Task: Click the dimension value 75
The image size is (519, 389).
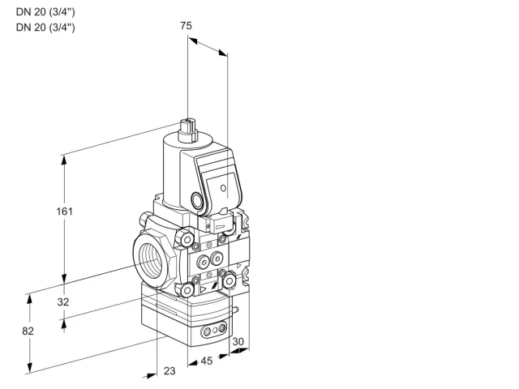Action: [x=186, y=25]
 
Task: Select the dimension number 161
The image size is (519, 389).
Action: [x=64, y=211]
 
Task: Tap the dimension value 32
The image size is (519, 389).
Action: [x=63, y=301]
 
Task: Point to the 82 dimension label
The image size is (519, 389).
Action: [x=28, y=331]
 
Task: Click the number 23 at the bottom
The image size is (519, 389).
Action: [x=169, y=371]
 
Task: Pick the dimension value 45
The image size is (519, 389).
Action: [x=207, y=361]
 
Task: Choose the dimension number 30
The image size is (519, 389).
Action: [x=238, y=341]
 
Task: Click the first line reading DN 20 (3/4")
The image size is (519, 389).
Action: [x=45, y=12]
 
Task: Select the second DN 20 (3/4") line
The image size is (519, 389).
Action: [x=45, y=27]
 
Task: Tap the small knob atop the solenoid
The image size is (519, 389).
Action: [x=187, y=130]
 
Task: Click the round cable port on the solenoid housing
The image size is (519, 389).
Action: [x=197, y=200]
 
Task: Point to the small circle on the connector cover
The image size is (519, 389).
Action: [x=224, y=188]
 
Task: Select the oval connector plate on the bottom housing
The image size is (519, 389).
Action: [x=214, y=329]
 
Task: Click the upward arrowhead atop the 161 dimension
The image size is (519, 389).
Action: [x=64, y=161]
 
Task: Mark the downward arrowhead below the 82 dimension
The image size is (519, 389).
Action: [x=30, y=366]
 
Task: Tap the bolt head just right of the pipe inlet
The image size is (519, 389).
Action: [x=184, y=238]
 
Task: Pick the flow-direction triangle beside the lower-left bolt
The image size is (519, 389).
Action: [x=203, y=289]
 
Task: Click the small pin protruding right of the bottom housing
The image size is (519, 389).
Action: [x=235, y=310]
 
